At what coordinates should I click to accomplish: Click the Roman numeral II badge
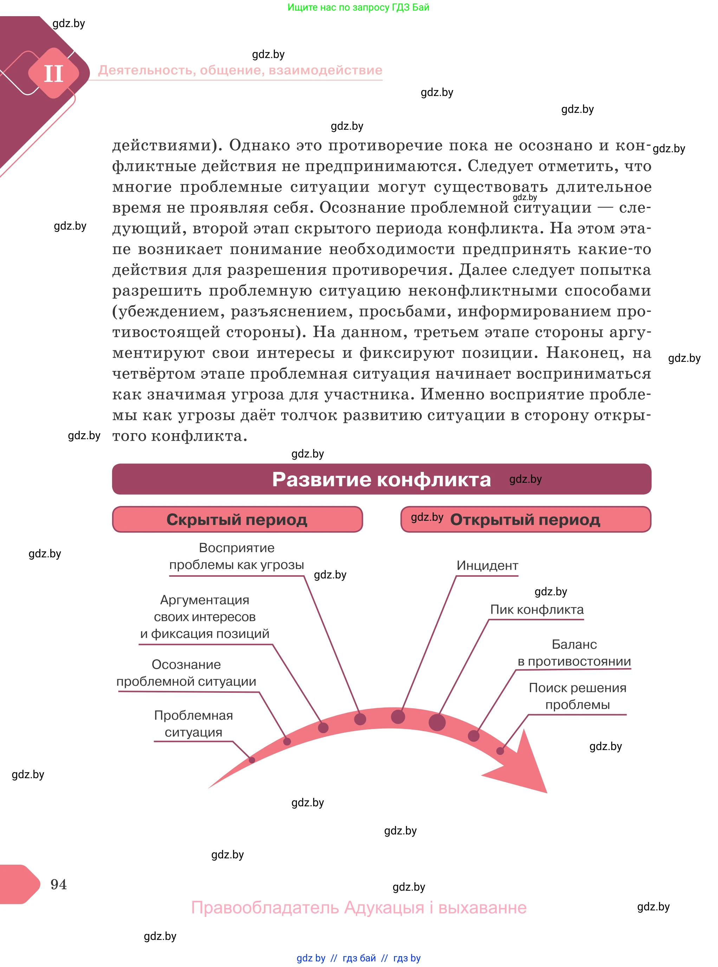coord(53,73)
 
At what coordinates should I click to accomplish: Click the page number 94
coord(58,884)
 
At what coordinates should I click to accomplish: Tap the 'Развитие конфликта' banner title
coord(381,480)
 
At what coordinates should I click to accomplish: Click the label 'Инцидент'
coord(487,566)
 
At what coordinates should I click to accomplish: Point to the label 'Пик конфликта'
coord(536,610)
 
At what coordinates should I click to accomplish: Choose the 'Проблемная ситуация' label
coord(193,724)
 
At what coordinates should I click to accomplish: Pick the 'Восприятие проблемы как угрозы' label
coord(237,556)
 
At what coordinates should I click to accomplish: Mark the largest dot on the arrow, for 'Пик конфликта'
coord(437,722)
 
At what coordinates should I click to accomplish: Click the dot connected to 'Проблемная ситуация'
coord(252,760)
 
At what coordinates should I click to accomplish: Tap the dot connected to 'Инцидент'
coord(398,717)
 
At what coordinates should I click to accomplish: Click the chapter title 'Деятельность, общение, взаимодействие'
coord(240,70)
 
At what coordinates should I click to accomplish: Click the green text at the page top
coord(358,7)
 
